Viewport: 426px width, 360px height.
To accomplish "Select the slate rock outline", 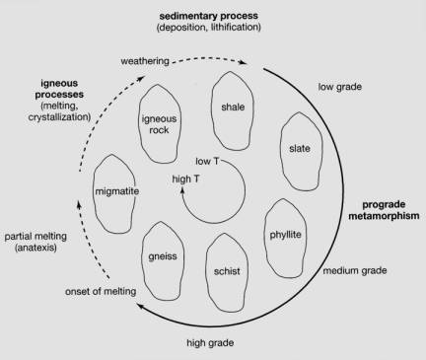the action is [281, 151].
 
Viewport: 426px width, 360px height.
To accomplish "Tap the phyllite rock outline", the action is [265, 237].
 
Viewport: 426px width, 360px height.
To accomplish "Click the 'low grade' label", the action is [340, 87].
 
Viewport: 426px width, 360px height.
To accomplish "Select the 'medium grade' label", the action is [355, 270].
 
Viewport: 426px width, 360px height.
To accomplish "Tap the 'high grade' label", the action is [210, 343].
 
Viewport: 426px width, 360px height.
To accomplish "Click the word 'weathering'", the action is [145, 61].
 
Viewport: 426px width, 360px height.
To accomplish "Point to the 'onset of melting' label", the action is [101, 291].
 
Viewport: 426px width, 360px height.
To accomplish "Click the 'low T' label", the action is [207, 161].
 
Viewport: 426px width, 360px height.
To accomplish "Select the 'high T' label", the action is [185, 179].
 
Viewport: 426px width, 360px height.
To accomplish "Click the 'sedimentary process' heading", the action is [209, 16].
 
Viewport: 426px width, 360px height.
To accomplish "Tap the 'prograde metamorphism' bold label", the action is [384, 210].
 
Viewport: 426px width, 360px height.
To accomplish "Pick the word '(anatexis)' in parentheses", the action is [35, 248].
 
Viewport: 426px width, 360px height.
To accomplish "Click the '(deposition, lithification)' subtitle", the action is [209, 27].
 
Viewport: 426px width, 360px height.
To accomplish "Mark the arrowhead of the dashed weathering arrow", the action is [245, 62].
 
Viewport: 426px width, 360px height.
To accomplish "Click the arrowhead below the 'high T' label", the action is [181, 189].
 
